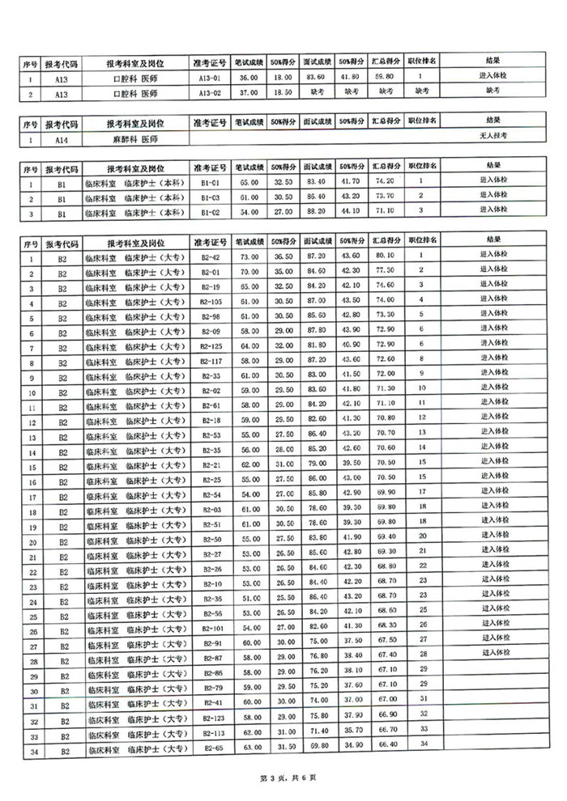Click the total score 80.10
[x=385, y=257]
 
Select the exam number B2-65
[x=211, y=752]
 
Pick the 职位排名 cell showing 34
[x=422, y=743]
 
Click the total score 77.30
[x=385, y=271]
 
